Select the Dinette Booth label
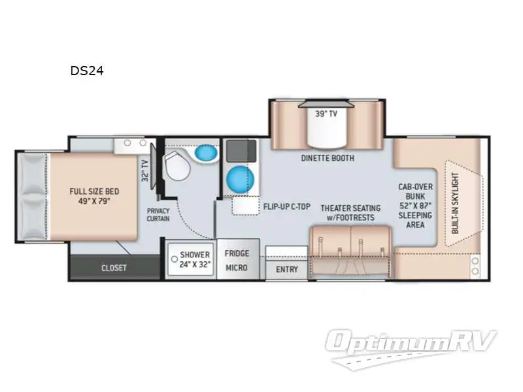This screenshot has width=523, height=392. click(x=328, y=157)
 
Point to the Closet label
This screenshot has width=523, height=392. click(x=114, y=268)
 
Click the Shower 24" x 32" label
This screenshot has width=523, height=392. click(x=195, y=260)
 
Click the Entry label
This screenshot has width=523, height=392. click(x=286, y=269)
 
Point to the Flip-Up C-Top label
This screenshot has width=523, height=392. click(x=286, y=207)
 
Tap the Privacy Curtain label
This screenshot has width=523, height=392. click(x=159, y=215)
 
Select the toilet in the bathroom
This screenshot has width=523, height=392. click(x=177, y=167)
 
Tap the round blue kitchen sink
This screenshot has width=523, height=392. click(x=239, y=178)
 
